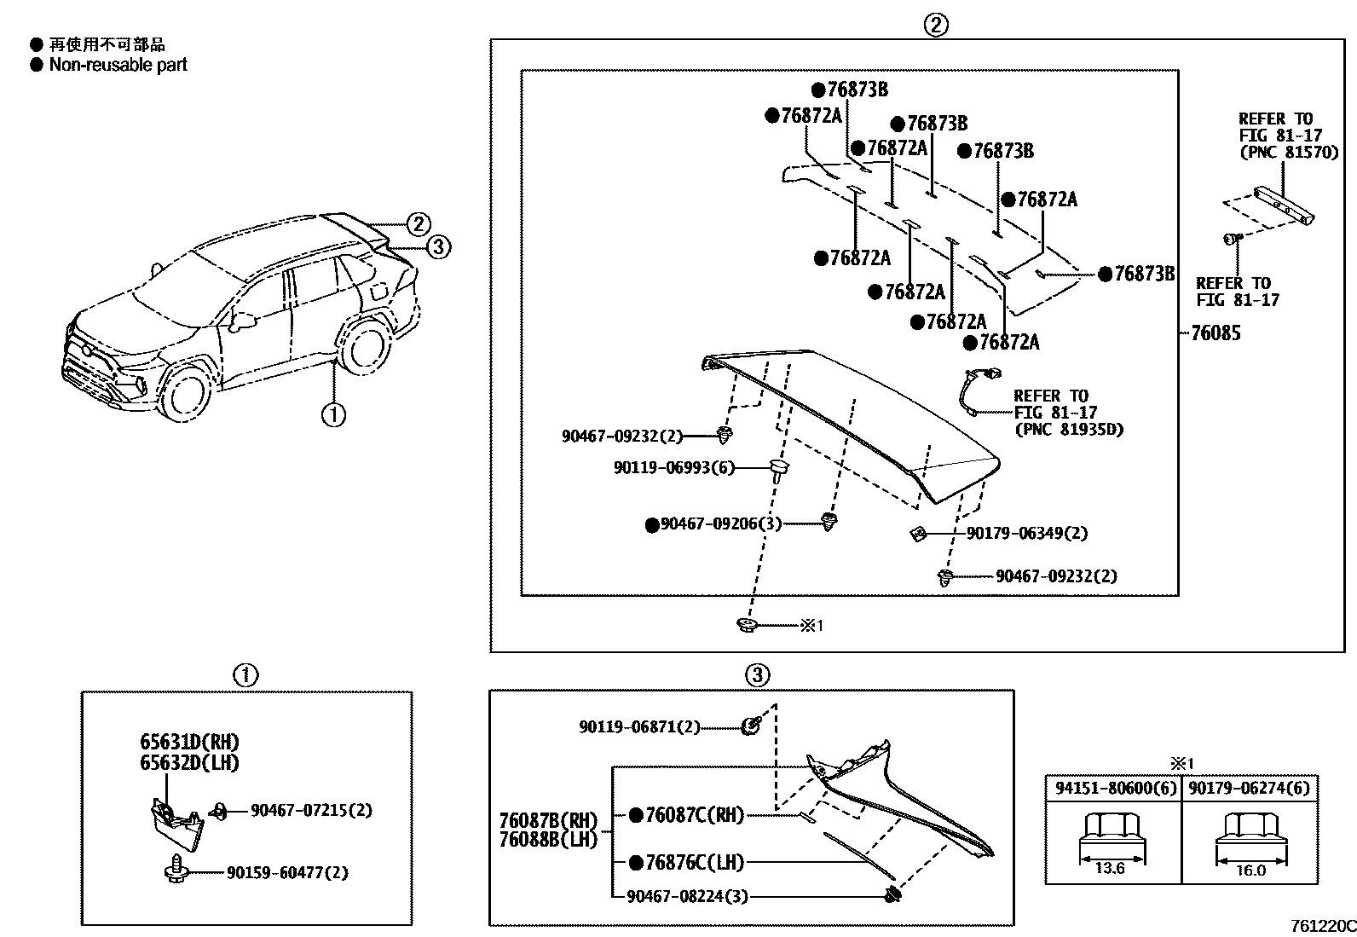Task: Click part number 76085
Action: [1216, 333]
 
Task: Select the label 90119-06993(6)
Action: [673, 468]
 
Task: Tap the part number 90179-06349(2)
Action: [1026, 534]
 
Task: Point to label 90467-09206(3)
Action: [720, 524]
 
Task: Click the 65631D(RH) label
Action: [190, 742]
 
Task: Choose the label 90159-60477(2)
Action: [287, 872]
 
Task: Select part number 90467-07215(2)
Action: [311, 810]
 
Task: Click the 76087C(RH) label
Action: [695, 816]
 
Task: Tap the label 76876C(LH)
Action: [695, 863]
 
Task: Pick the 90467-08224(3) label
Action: [687, 896]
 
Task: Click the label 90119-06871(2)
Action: [639, 727]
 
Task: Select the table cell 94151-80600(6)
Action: [1112, 789]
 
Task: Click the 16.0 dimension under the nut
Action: [1250, 870]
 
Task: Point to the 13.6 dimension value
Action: [1109, 870]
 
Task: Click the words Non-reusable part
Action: [118, 65]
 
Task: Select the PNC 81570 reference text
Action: [1288, 153]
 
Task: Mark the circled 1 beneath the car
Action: [332, 415]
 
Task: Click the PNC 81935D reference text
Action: [1068, 429]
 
